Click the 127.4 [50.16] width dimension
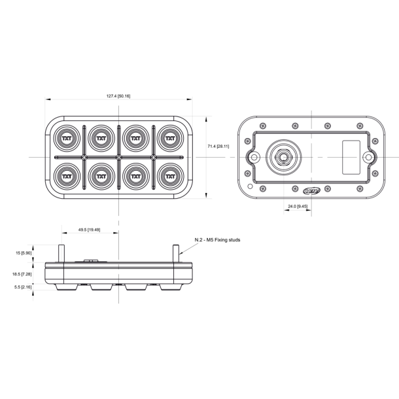pyautogui.click(x=118, y=96)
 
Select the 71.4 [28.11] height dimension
pyautogui.click(x=218, y=147)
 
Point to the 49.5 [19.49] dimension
pyautogui.click(x=89, y=230)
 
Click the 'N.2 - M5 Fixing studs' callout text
pyautogui.click(x=218, y=240)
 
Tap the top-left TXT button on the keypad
pyautogui.click(x=66, y=139)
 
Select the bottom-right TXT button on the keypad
pyautogui.click(x=170, y=175)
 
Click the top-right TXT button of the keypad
pyautogui.click(x=170, y=139)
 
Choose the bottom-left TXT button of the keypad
pyautogui.click(x=66, y=175)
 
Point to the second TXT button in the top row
pyautogui.click(x=101, y=139)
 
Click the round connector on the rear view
pyautogui.click(x=285, y=157)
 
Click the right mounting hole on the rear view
pyautogui.click(x=370, y=158)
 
